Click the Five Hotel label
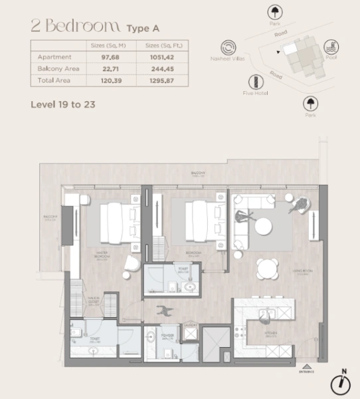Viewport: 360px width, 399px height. [x=255, y=102]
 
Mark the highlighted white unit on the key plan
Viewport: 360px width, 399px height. [x=290, y=49]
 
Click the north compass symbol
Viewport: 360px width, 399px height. [x=343, y=382]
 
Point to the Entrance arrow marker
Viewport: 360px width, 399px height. [x=306, y=365]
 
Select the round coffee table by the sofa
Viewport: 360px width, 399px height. [x=264, y=226]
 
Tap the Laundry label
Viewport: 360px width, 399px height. [x=191, y=325]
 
